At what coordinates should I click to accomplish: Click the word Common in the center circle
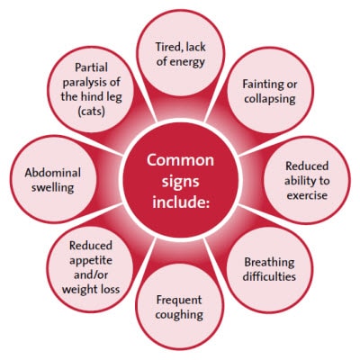(x=180, y=160)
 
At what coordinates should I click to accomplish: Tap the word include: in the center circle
(x=181, y=202)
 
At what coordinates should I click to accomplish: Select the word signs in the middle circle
(x=180, y=182)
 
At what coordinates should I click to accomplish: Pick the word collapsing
(x=270, y=99)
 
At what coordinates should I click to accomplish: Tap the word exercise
(x=307, y=195)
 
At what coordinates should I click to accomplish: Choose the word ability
(x=300, y=181)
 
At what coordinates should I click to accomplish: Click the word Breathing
(x=269, y=263)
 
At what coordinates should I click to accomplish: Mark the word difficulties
(x=269, y=276)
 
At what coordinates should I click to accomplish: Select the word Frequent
(x=179, y=301)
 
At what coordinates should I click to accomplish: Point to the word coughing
(x=179, y=315)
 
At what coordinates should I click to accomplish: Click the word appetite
(x=91, y=260)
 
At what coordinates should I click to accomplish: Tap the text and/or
(x=91, y=274)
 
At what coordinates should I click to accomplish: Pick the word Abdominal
(x=53, y=173)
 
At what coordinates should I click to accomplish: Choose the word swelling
(x=53, y=188)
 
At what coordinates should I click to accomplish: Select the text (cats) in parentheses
(x=91, y=112)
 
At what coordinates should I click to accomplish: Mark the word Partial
(x=91, y=67)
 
